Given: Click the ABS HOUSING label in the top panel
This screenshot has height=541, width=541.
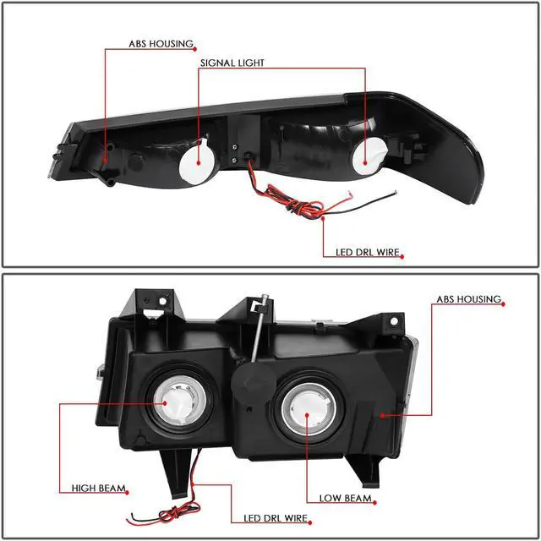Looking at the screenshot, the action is point(161,43).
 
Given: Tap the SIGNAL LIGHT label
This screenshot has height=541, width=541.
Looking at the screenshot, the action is point(232,63).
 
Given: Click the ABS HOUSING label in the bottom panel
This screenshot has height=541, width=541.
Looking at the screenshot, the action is point(468,300).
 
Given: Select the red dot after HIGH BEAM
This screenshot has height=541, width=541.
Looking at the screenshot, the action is point(129,489).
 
